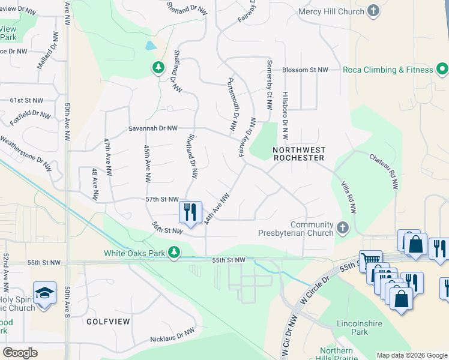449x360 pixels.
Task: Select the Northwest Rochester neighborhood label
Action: click(x=298, y=154)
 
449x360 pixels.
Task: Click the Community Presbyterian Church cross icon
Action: click(x=343, y=228)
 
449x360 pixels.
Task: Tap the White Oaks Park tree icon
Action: click(x=174, y=252)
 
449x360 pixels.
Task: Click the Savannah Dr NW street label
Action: click(x=153, y=128)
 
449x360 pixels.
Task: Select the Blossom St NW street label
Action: click(x=305, y=70)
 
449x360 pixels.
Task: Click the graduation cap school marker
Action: click(x=44, y=293)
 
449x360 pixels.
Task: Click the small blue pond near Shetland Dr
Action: click(x=151, y=46)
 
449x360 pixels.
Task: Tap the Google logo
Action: click(x=20, y=353)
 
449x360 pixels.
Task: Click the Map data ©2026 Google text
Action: click(x=412, y=355)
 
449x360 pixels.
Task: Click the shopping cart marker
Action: click(x=370, y=261)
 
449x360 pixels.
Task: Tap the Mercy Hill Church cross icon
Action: click(x=373, y=11)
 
